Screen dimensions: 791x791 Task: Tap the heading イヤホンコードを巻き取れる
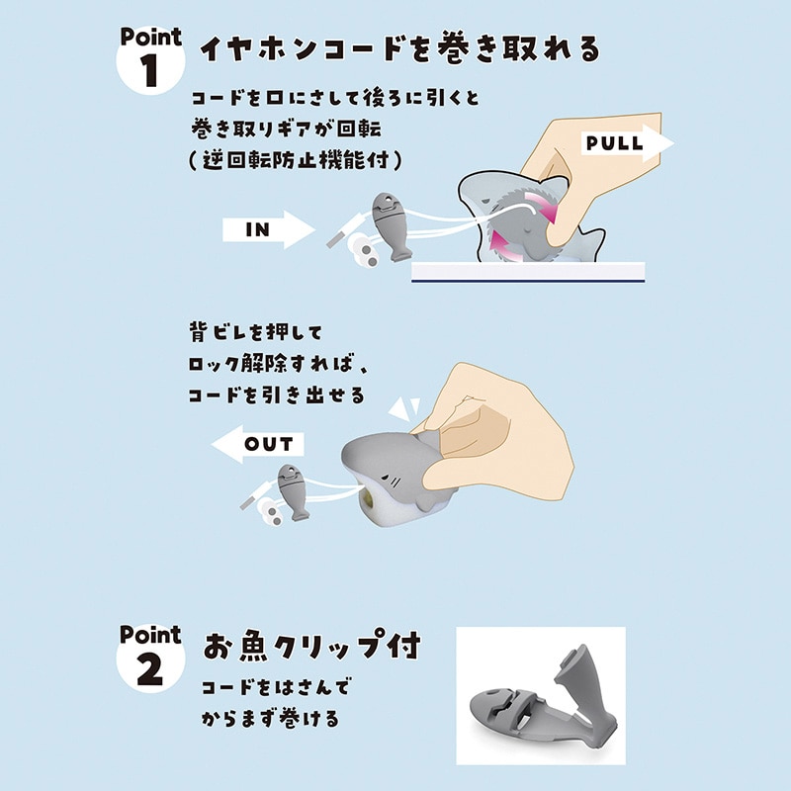point(399,48)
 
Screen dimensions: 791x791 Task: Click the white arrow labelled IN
point(267,229)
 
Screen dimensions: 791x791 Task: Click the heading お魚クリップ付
point(311,648)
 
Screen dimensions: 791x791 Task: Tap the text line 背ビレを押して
point(253,332)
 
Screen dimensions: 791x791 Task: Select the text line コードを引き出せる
point(276,395)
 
